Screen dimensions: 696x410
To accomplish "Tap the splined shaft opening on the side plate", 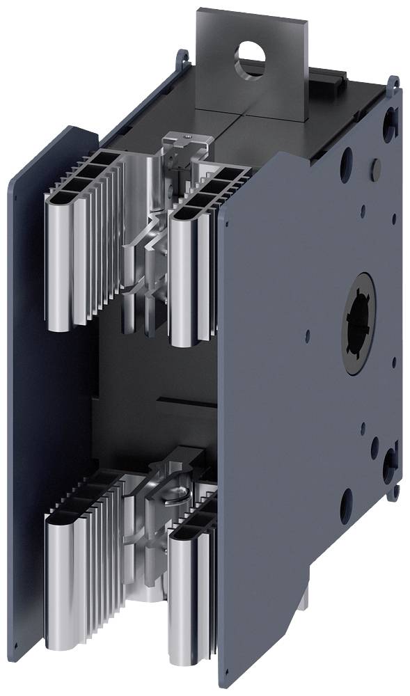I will [359, 324].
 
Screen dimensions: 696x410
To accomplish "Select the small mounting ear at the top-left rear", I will [183, 56].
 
